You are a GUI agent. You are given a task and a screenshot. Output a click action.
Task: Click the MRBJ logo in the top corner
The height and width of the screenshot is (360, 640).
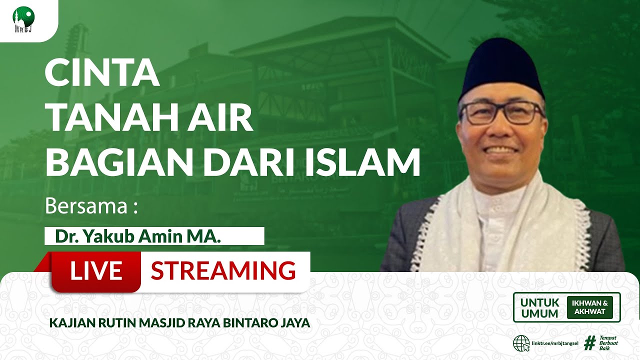tap(23, 20)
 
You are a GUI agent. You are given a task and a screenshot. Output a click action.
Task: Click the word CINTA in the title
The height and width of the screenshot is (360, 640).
tap(102, 73)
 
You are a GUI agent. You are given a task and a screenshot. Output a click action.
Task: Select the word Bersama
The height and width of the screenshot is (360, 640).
tap(86, 206)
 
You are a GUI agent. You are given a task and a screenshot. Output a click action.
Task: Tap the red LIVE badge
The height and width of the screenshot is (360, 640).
tap(96, 271)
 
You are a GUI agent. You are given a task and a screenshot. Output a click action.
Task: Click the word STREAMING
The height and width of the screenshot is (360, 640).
tap(223, 271)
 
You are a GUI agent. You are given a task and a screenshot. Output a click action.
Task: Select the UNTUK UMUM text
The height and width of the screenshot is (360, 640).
tap(539, 308)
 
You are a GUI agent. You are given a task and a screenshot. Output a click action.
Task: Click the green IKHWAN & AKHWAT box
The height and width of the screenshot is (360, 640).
tap(589, 307)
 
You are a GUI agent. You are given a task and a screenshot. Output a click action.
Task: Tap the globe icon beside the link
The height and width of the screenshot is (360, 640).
tap(521, 343)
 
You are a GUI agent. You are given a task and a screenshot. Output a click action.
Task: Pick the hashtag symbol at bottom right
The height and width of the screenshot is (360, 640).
tap(590, 343)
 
